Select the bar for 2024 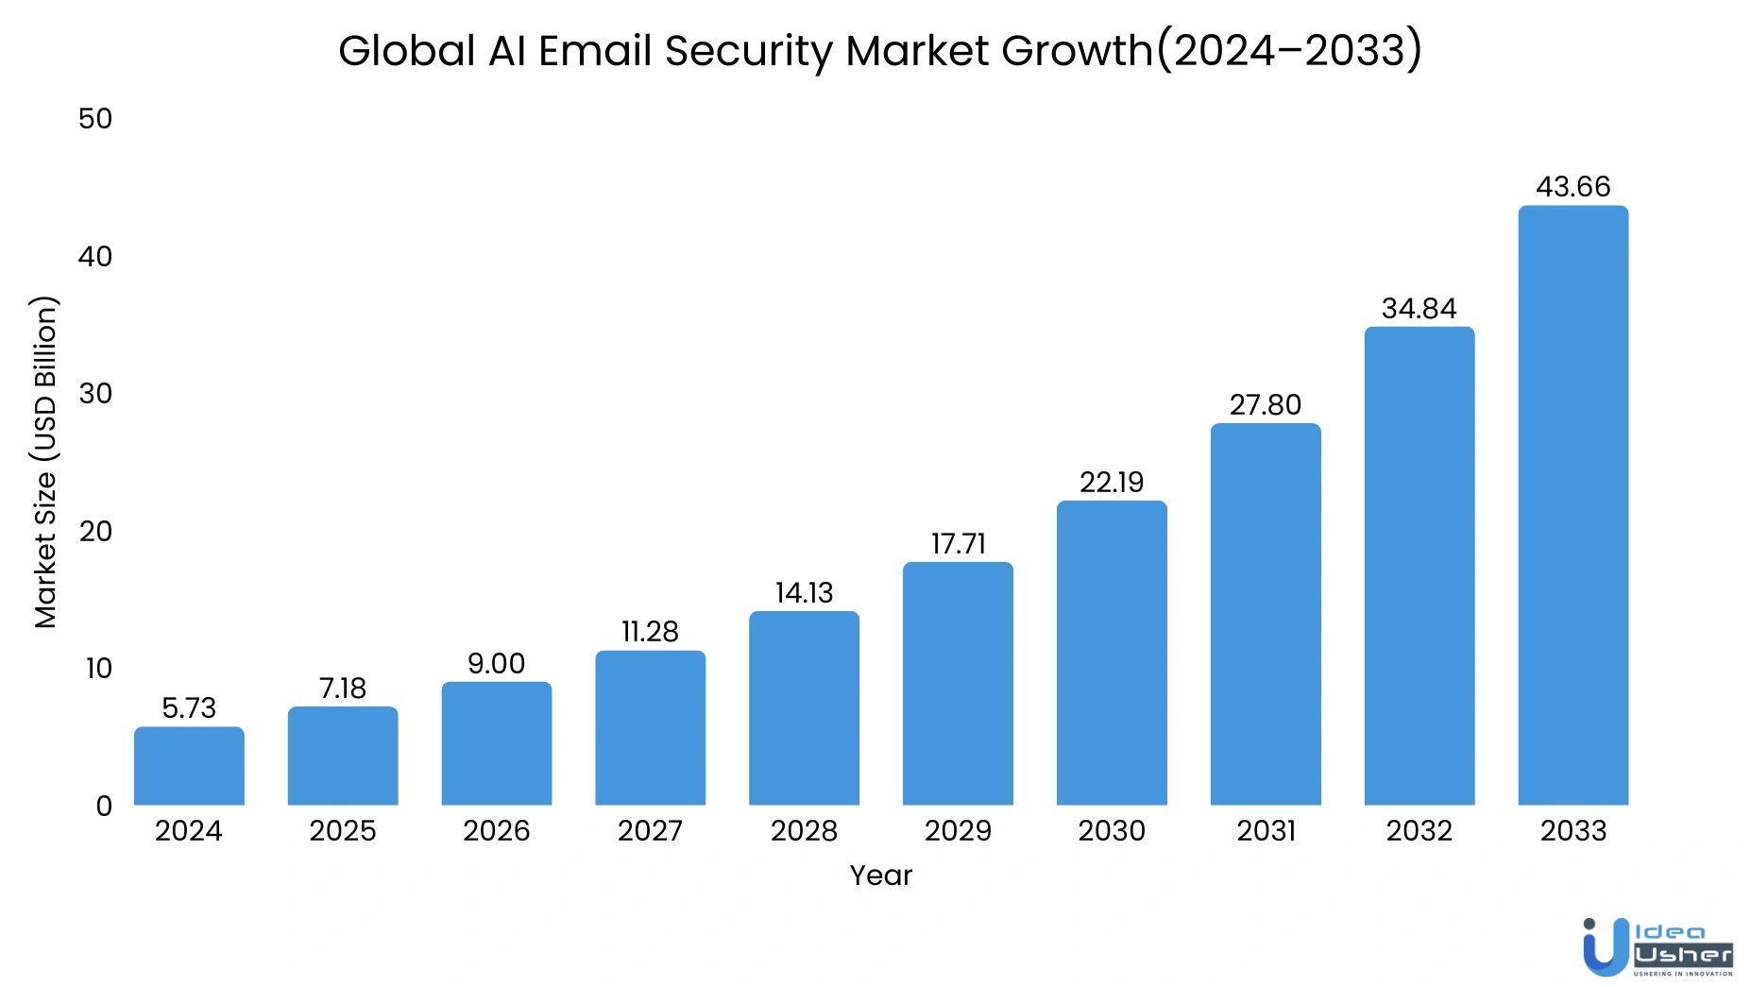click(x=189, y=766)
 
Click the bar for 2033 click(x=1572, y=505)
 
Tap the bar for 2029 click(x=958, y=684)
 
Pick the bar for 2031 click(x=1266, y=614)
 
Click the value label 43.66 click(x=1572, y=186)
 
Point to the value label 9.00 click(x=496, y=663)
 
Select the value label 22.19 click(x=1112, y=482)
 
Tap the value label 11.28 click(x=650, y=631)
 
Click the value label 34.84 click(x=1419, y=308)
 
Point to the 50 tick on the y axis click(x=95, y=119)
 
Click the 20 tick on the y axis click(x=95, y=531)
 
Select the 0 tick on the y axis click(x=104, y=806)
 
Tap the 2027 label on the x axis click(x=650, y=830)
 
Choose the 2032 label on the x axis click(x=1419, y=830)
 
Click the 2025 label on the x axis click(x=343, y=830)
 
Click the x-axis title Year click(x=880, y=876)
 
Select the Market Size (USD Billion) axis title click(x=45, y=462)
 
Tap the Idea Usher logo click(x=1657, y=947)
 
